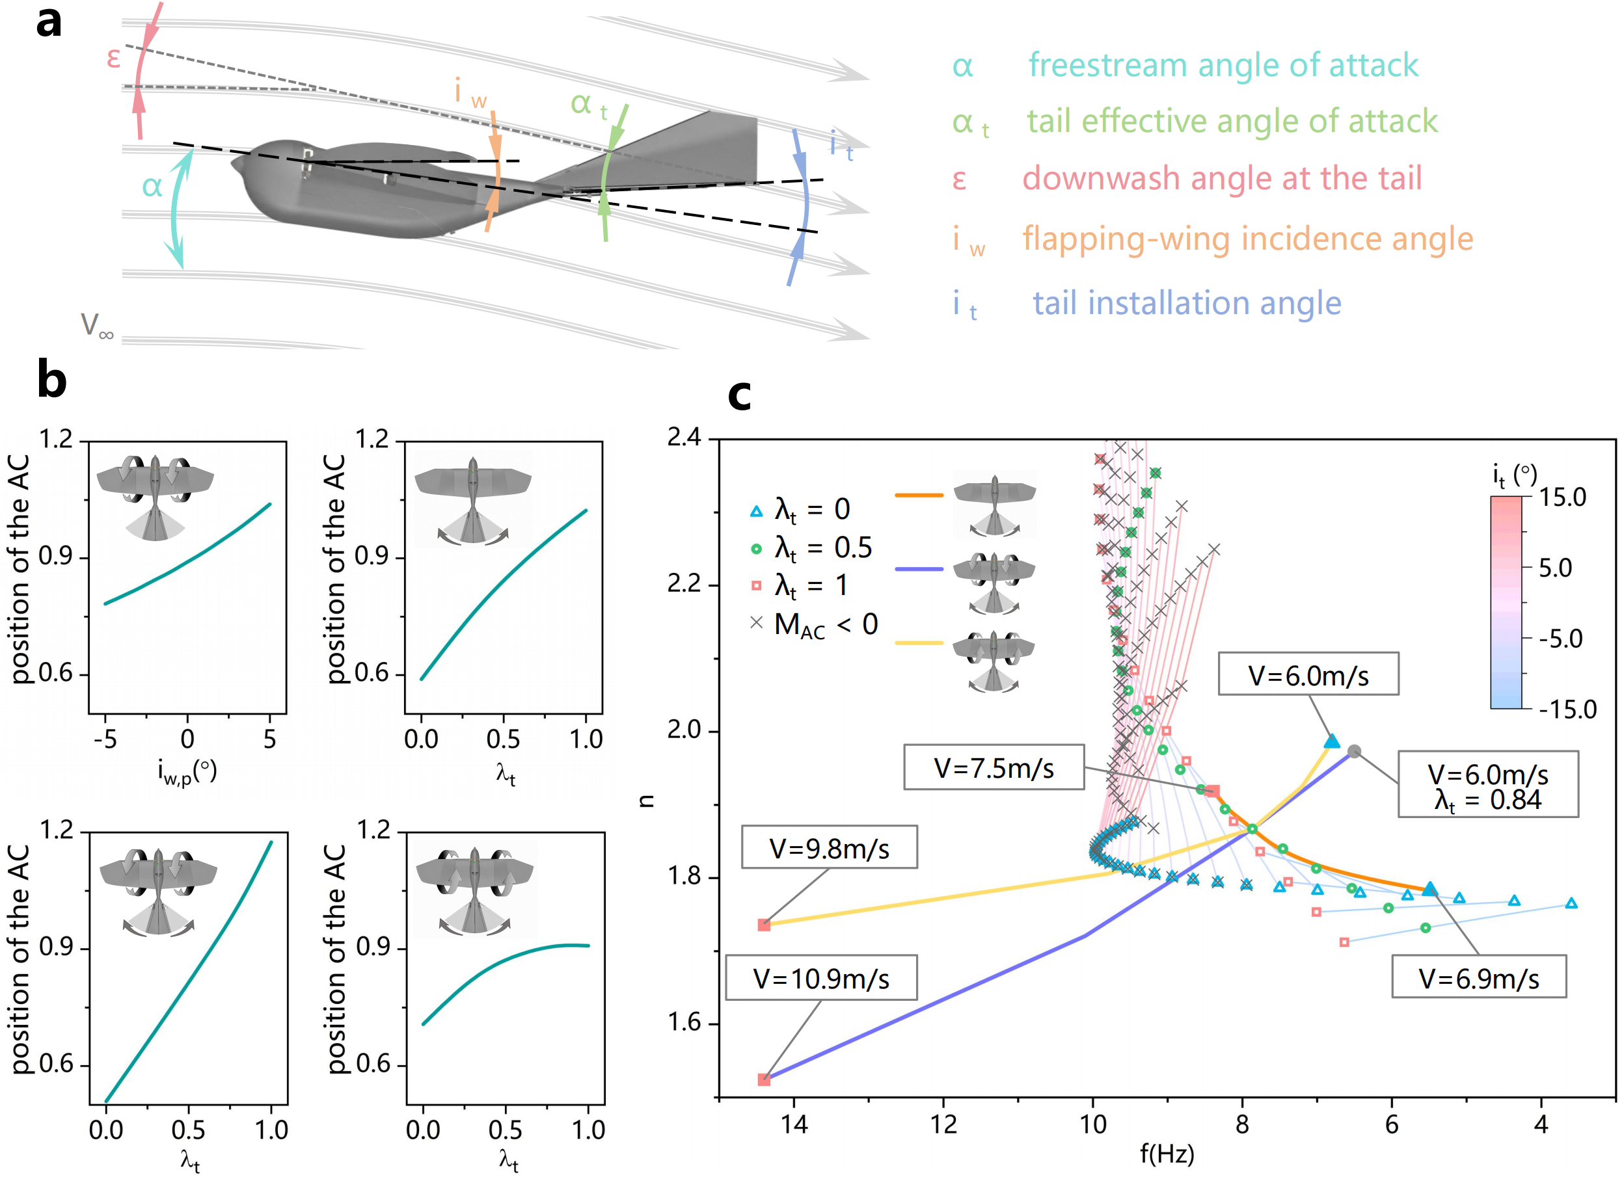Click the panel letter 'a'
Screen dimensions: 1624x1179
point(49,22)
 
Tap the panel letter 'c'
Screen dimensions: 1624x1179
point(739,396)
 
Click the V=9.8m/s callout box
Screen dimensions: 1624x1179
point(829,847)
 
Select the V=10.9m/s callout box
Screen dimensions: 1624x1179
point(821,977)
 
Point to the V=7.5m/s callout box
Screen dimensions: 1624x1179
point(994,767)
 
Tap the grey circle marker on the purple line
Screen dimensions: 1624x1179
point(1353,752)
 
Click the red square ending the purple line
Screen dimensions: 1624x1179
point(764,1080)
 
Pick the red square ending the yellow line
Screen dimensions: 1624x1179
point(764,925)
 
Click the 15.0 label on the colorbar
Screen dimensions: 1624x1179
point(1563,497)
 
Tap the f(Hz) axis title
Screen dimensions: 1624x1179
point(1167,1154)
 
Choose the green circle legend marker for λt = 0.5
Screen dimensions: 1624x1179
point(756,549)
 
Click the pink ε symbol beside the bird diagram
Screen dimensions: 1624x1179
point(113,58)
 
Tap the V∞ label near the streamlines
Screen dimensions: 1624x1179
point(98,326)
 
